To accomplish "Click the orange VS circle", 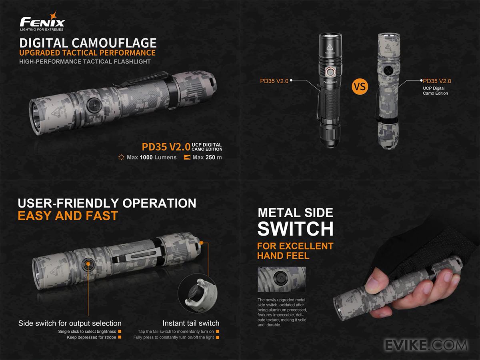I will point(359,86).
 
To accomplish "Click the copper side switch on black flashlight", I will point(330,72).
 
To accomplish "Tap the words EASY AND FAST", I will point(68,216).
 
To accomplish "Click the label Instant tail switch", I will point(191,323).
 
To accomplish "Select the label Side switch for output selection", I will point(70,323).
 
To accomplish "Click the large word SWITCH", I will point(295,228).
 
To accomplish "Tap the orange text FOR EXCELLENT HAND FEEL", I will point(295,251).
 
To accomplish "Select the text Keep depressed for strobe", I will point(92,337).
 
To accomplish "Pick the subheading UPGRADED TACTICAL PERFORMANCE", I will point(87,53).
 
